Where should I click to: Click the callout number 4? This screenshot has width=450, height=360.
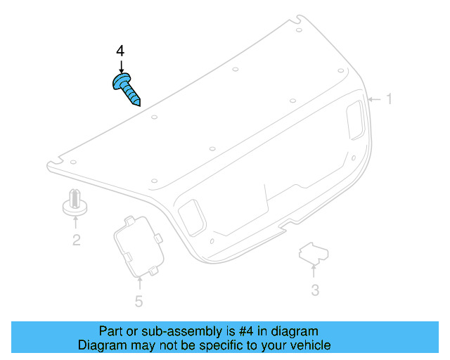(120, 52)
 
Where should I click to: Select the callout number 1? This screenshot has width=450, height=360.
(388, 100)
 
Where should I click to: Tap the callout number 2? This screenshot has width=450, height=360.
(76, 240)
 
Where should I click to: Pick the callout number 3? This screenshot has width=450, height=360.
(315, 290)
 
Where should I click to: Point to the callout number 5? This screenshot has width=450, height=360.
(139, 302)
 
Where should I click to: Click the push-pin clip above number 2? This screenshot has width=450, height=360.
(75, 202)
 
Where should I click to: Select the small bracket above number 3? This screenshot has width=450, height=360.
(315, 255)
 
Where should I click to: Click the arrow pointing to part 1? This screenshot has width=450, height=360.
(374, 100)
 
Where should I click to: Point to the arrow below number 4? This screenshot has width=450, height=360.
(121, 66)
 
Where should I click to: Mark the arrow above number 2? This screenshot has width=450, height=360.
(76, 223)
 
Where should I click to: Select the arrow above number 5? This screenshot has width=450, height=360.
(139, 283)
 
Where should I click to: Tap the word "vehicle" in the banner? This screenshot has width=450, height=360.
(309, 345)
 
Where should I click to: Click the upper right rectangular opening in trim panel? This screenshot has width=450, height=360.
(355, 117)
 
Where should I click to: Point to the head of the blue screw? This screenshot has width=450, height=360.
(120, 82)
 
